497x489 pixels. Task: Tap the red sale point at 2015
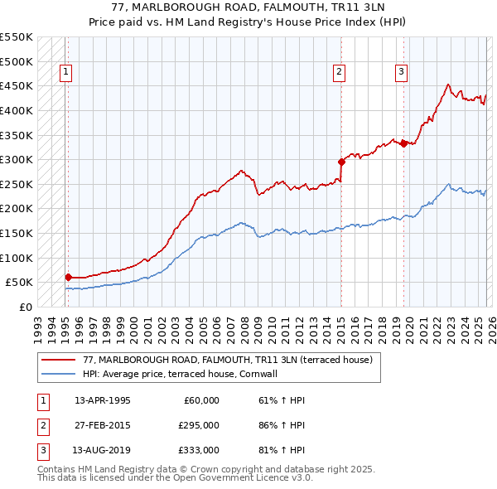pyautogui.click(x=340, y=162)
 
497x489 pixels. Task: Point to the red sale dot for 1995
pyautogui.click(x=68, y=277)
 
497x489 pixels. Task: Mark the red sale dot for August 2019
pyautogui.click(x=403, y=143)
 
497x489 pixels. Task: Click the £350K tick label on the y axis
pyautogui.click(x=17, y=135)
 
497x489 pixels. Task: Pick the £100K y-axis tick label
pyautogui.click(x=17, y=258)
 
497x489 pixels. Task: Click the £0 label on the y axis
pyautogui.click(x=25, y=307)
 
